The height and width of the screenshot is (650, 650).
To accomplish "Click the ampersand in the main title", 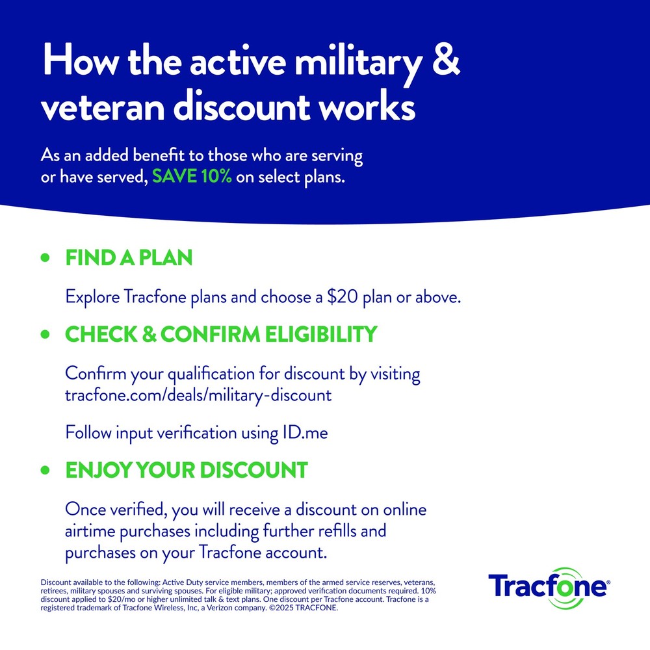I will coord(447,62).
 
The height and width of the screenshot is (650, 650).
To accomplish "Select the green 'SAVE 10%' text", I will coord(192,177).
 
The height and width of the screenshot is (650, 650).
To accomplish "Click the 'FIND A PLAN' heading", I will coord(129,258).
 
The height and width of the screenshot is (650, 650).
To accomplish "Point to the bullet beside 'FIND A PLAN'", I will coord(45,258).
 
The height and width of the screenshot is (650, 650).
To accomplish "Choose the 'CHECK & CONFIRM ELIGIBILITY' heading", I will coord(221,334).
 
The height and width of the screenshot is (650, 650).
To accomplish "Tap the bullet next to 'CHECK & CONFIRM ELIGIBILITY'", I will coord(45,335).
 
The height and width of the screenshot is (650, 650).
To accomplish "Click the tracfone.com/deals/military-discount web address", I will coord(198,395).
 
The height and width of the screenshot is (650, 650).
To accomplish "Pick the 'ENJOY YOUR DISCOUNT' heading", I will coord(186,470).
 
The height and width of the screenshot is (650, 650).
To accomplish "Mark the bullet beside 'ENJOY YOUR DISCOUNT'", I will coord(45,470).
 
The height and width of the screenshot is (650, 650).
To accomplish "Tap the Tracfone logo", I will coord(548,587).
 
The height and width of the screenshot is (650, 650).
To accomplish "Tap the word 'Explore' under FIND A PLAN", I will coord(90,298).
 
